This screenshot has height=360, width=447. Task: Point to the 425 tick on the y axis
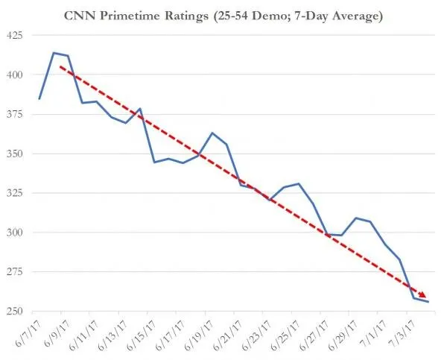click(15, 36)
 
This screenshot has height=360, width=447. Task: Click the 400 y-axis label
click(15, 75)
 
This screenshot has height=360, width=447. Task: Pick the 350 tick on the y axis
click(15, 154)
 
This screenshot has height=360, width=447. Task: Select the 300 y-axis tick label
click(15, 233)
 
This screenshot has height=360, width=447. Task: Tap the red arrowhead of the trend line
click(425, 296)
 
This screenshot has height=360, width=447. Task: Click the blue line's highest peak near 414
click(54, 53)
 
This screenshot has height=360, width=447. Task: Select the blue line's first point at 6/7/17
click(39, 99)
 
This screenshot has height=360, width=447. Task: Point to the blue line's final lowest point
click(428, 302)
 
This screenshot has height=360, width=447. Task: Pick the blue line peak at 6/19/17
click(212, 133)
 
